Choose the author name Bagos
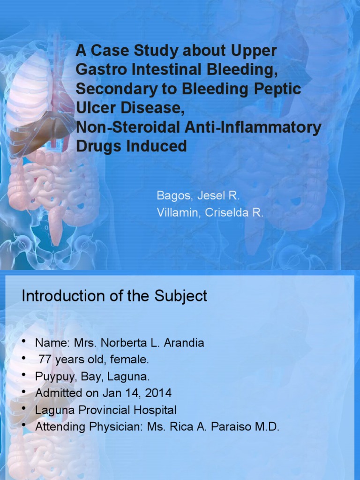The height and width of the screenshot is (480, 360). click(x=172, y=195)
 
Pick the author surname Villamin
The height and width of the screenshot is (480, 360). click(x=177, y=212)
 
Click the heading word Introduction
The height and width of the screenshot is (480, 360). click(x=63, y=296)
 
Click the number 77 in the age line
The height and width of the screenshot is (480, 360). click(x=45, y=360)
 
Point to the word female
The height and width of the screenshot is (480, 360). click(x=132, y=360)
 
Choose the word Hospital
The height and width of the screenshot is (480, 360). click(x=155, y=410)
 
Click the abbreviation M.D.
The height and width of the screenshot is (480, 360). click(x=269, y=427)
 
